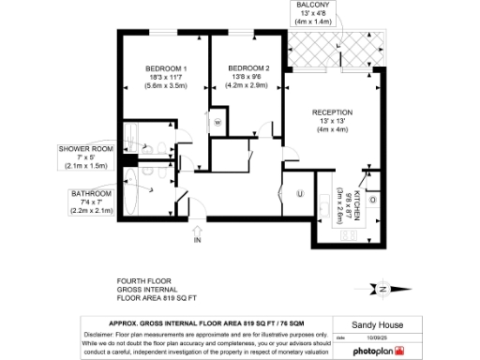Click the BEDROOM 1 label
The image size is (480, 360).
click(166, 69)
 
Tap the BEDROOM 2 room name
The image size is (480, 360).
click(247, 68)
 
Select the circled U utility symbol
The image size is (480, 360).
click(299, 194)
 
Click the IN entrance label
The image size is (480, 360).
click(197, 241)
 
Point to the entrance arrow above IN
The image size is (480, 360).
click(197, 229)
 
